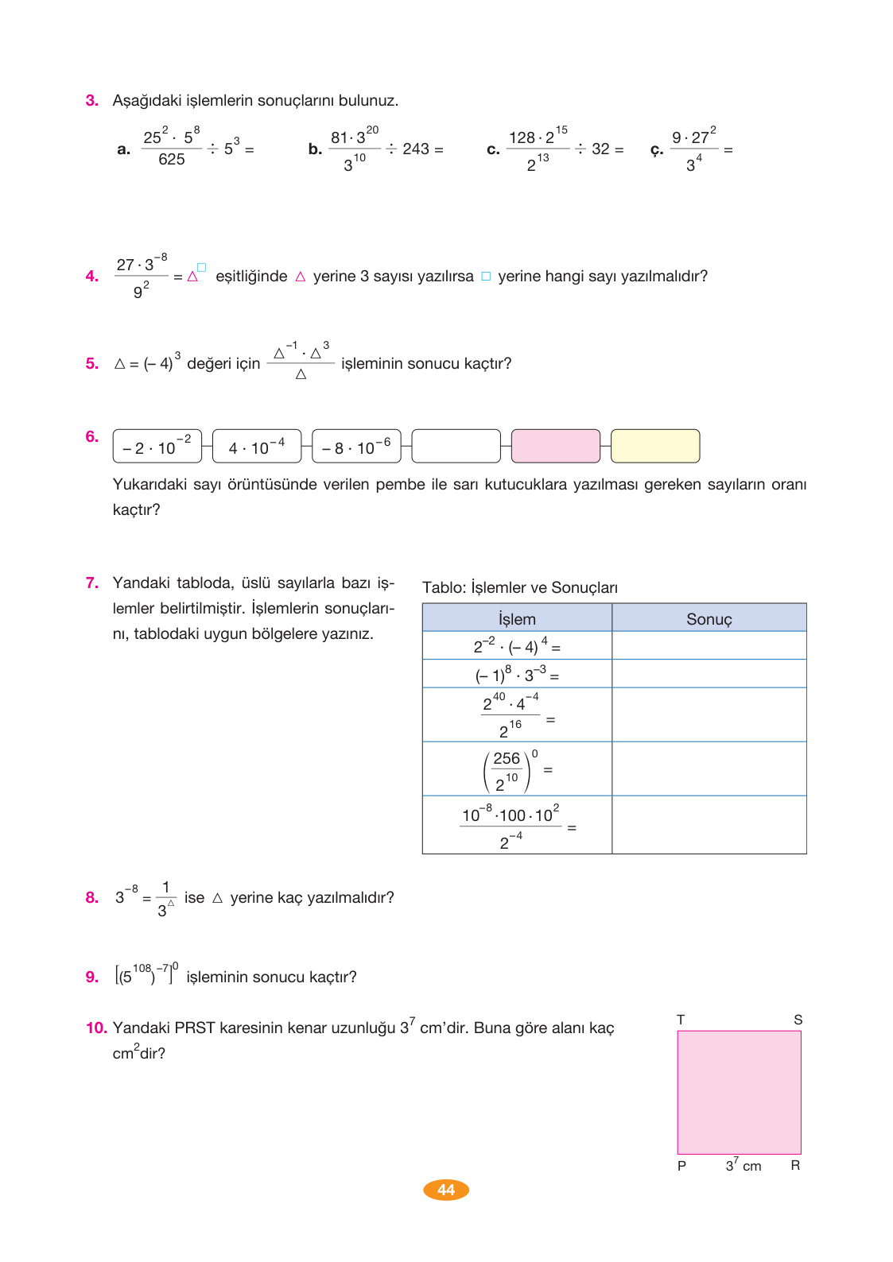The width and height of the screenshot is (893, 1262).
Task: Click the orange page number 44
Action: [x=446, y=1190]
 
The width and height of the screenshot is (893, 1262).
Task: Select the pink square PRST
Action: [x=739, y=1092]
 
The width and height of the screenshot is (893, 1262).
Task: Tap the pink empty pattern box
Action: [x=555, y=446]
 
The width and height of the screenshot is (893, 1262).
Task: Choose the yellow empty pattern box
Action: [x=655, y=446]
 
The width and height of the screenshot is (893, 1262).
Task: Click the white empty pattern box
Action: [x=456, y=446]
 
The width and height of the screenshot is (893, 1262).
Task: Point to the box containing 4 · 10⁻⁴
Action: [x=257, y=447]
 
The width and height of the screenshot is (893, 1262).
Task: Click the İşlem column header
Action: [x=517, y=618]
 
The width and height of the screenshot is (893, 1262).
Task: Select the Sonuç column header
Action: [x=709, y=618]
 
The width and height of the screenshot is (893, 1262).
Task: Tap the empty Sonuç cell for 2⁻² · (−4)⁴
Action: [x=709, y=645]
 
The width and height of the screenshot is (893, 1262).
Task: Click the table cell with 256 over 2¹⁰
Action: [x=517, y=769]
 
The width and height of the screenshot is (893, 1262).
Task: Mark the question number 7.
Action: [x=92, y=583]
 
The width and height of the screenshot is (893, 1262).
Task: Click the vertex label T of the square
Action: [x=681, y=1020]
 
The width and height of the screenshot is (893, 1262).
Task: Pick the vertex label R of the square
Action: [x=795, y=1165]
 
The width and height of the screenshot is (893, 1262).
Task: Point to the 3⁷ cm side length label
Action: [x=743, y=1165]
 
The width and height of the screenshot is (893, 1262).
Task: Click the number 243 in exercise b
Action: [x=416, y=149]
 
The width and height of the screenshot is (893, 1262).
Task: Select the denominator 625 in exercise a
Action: [x=172, y=160]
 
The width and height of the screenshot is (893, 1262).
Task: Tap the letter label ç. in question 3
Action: [x=657, y=149]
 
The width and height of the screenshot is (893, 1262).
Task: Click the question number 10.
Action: [x=96, y=1028]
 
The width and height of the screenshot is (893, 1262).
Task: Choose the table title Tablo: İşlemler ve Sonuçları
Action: [x=519, y=587]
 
